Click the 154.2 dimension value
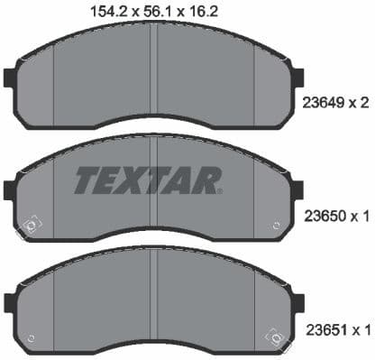point(104,11)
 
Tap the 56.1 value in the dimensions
point(151,11)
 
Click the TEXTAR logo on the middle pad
point(148,180)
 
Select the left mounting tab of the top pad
point(10,79)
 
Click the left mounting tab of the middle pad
point(10,190)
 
